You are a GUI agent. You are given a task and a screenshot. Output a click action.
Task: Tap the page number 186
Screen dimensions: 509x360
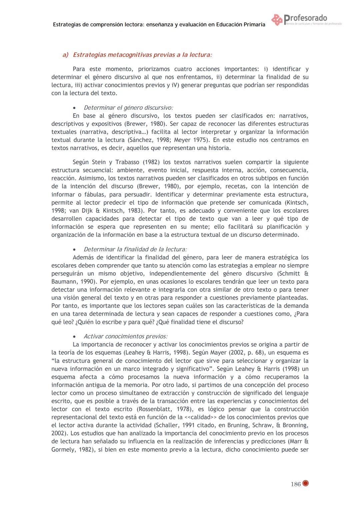click(x=295, y=484)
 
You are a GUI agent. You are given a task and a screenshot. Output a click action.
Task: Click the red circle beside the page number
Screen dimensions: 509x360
click(x=305, y=483)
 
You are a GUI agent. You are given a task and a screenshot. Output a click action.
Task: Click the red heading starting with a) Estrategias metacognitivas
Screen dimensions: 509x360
click(x=137, y=55)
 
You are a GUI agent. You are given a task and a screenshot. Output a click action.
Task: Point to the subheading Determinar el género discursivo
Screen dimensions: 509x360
click(x=128, y=108)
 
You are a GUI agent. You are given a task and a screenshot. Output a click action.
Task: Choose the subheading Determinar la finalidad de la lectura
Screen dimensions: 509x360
click(x=135, y=249)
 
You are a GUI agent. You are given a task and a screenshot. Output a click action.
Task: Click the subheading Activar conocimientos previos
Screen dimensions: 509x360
click(x=126, y=336)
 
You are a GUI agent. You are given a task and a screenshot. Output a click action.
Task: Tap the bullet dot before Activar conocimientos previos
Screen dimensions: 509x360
click(x=75, y=337)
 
